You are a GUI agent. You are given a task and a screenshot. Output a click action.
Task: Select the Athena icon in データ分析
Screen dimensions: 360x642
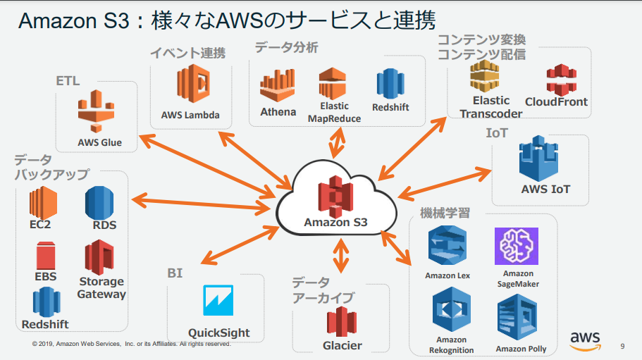tap(278, 86)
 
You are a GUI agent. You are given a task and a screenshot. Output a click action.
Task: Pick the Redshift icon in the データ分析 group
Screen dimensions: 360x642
tap(390, 84)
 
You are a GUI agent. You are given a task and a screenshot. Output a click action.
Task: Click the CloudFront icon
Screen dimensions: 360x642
tap(562, 79)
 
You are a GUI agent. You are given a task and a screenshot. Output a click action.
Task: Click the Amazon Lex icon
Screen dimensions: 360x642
tap(447, 246)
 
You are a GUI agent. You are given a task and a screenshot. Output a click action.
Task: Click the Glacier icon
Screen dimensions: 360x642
tap(342, 321)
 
